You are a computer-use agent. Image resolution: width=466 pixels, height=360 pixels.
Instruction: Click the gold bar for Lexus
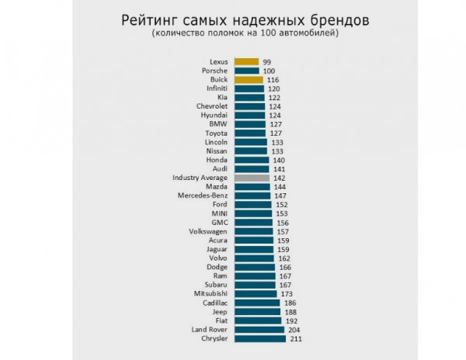coord(246,61)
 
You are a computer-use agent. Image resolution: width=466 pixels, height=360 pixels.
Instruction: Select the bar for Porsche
coord(246,71)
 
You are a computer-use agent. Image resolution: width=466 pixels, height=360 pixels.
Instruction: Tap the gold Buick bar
coord(249,80)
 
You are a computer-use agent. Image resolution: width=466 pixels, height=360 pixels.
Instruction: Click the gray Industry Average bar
coord(252,178)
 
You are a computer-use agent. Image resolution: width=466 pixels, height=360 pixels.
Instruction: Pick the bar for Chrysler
coord(260,339)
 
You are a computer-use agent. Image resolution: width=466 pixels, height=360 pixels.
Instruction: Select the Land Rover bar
coord(259,330)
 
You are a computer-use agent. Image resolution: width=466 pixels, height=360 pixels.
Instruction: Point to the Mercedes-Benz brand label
coord(203,196)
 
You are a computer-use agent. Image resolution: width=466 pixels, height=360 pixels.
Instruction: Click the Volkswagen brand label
coord(208,232)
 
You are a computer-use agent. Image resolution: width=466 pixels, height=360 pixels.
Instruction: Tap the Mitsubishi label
coord(210,294)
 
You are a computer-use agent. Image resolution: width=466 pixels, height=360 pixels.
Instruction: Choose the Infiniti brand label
coord(212,88)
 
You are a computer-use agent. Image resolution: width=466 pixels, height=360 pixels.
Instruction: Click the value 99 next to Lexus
coord(267,61)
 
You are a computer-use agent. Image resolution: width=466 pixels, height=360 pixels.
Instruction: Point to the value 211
coord(295,339)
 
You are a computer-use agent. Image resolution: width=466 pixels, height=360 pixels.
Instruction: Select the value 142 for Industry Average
coord(279,178)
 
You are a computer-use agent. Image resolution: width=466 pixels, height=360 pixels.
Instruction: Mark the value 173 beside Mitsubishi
coord(287,294)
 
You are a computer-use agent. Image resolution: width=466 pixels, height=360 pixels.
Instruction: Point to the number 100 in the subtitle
coord(270,33)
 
